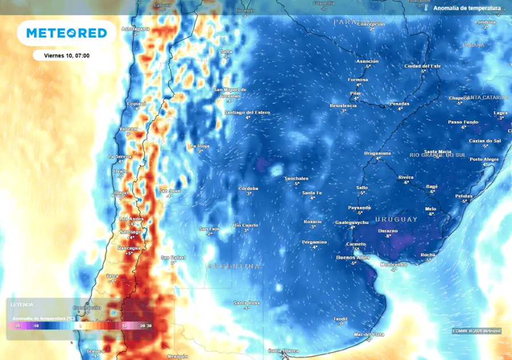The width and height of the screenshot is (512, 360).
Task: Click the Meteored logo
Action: pyautogui.click(x=67, y=33)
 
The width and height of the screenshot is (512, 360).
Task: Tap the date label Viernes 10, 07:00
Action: pyautogui.click(x=67, y=56)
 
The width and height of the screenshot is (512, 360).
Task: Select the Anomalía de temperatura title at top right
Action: pyautogui.click(x=467, y=9)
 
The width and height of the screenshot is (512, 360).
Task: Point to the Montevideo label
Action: pyautogui.click(x=394, y=264)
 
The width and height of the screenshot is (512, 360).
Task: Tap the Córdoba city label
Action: pyautogui.click(x=248, y=188)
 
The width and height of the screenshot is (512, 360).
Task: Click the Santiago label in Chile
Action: pyautogui.click(x=131, y=232)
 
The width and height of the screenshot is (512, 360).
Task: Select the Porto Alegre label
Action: pyautogui.click(x=484, y=159)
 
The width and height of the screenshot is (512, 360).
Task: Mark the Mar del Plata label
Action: pyautogui.click(x=369, y=334)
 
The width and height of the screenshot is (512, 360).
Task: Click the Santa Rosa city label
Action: pyautogui.click(x=247, y=303)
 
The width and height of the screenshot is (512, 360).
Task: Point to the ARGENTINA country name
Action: pyautogui.click(x=234, y=266)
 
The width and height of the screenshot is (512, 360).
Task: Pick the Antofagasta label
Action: pyautogui.click(x=136, y=28)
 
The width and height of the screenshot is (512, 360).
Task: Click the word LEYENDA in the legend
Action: pyautogui.click(x=22, y=305)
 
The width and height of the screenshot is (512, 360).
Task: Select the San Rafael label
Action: pyautogui.click(x=173, y=258)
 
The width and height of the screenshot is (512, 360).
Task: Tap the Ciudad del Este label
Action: pyautogui.click(x=423, y=66)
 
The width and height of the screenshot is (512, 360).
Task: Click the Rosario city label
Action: pyautogui.click(x=312, y=221)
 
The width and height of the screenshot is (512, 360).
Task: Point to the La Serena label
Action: pyautogui.click(x=120, y=156)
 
